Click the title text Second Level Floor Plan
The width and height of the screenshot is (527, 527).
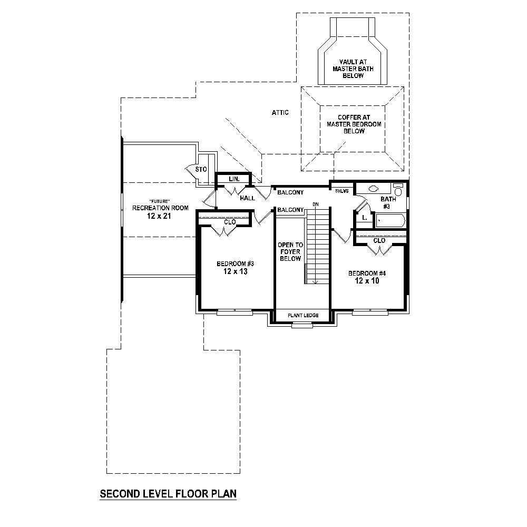click(168, 494)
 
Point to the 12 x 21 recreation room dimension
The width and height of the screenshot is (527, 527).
click(160, 216)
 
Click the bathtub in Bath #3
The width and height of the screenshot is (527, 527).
click(389, 221)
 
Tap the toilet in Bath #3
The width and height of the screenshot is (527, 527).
click(398, 189)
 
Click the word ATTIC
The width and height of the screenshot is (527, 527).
click(280, 113)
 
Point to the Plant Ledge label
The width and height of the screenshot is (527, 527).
click(303, 315)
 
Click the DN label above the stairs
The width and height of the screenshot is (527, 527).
click(316, 204)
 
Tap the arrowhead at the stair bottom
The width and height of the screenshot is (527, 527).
click(315, 282)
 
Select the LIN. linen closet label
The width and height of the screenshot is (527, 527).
click(235, 179)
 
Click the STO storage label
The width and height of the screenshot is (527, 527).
click(201, 169)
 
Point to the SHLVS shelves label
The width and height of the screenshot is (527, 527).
click(341, 191)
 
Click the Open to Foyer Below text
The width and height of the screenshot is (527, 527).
click(290, 252)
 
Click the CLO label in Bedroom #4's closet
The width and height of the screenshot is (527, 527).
click(379, 240)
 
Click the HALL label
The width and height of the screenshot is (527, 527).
click(248, 198)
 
